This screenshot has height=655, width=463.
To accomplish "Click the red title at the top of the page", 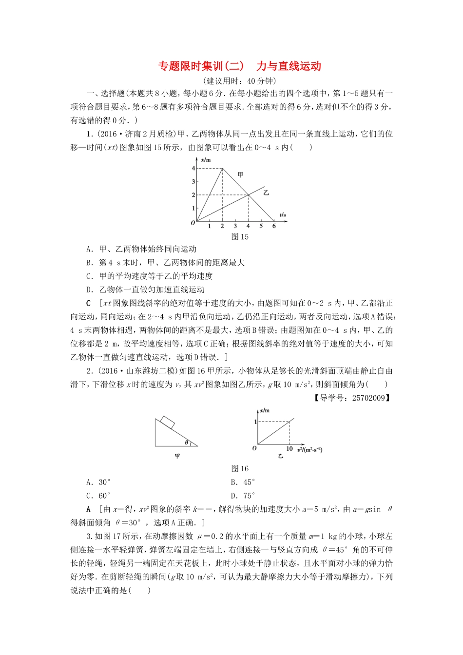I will point(239,66).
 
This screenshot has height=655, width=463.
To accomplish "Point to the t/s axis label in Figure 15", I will point(283,214).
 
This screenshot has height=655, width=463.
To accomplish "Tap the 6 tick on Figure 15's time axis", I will point(274,226).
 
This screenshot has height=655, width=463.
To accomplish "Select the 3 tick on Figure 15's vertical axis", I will point(193,182).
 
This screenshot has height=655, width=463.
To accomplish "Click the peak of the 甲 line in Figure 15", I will point(223,169).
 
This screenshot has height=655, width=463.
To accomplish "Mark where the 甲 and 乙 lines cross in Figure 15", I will point(248,195).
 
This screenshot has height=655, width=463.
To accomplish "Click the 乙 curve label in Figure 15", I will point(266,193).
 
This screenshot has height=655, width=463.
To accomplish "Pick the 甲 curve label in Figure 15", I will point(240,174).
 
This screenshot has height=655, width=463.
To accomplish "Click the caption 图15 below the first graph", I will point(240,237).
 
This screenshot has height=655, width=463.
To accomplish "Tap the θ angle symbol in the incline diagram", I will point(186,443).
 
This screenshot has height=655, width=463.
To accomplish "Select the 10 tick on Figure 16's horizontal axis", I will point(289,449).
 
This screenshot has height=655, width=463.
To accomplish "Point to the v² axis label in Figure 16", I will point(309,449).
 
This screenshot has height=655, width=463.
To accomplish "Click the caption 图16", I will point(240,469).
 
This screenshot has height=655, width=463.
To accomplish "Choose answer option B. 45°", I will point(243,482).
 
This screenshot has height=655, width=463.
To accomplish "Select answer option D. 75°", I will point(243,496).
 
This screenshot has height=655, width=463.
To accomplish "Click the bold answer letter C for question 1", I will point(88,303).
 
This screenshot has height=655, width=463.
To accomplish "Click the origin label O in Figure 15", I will point(193,223).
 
